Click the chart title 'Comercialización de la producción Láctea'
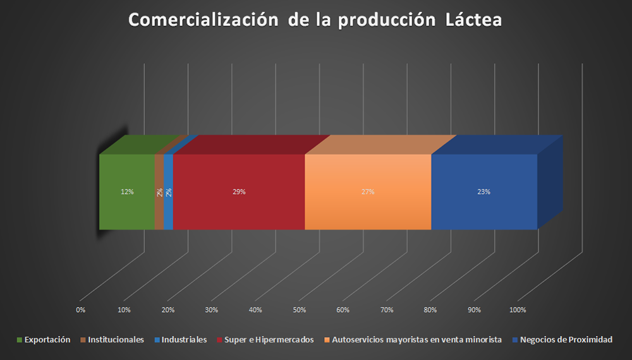(315, 20)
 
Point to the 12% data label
(127, 192)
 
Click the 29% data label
(239, 192)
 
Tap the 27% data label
(368, 192)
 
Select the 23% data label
(484, 192)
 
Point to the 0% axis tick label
(80, 310)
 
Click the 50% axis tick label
(300, 310)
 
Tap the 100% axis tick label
(517, 310)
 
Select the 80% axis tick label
(431, 310)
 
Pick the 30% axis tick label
(212, 310)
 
